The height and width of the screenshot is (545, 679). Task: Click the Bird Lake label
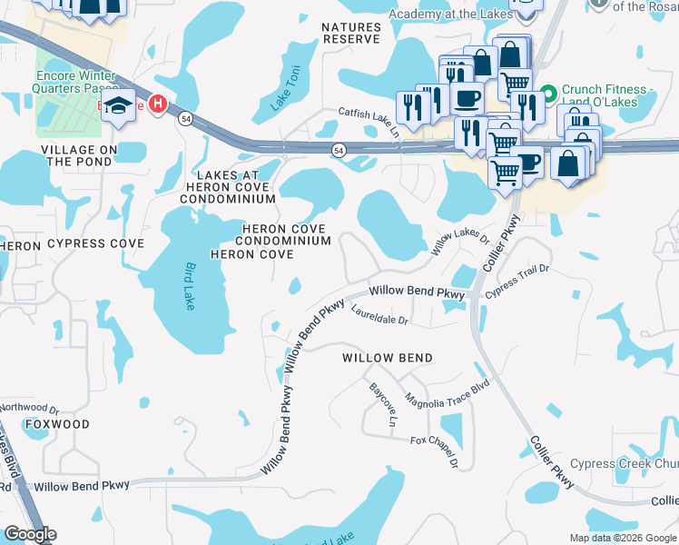[191, 286]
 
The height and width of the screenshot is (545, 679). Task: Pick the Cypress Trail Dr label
[517, 281]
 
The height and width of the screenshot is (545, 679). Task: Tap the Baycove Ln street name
[383, 405]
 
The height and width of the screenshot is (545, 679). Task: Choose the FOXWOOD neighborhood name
[57, 424]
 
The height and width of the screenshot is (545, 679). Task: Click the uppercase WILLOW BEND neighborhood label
[387, 358]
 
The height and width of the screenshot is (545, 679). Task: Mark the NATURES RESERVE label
[351, 34]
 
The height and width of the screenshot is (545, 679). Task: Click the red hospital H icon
[159, 105]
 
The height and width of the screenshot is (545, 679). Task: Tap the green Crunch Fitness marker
[548, 90]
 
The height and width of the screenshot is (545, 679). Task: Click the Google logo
[30, 535]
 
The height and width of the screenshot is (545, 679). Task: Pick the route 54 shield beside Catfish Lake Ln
[339, 150]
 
